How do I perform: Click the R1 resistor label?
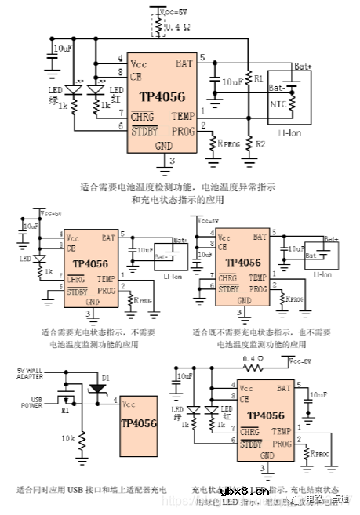pos(259,78)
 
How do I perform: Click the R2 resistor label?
pos(260,144)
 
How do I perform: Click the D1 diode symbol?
pos(96,386)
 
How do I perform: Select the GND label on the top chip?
pos(163,146)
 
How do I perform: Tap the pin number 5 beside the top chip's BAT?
pos(202,57)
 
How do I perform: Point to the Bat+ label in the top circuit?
pos(303,67)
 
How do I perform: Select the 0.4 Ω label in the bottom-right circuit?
pos(253,358)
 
